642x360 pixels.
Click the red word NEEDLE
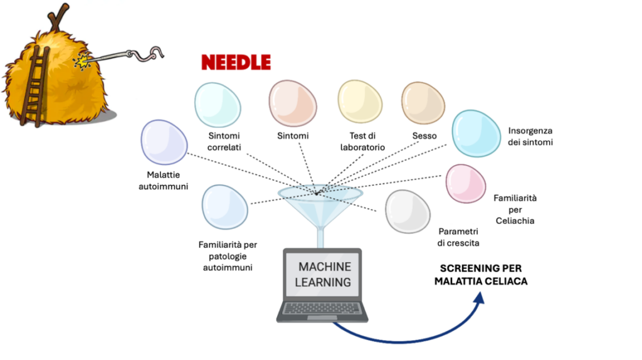pos(236,63)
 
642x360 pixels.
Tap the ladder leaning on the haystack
pos(34,86)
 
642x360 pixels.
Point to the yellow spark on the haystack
pos(82,61)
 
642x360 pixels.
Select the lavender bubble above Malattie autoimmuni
pos(164,142)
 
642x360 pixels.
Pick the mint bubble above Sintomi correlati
pos(218,105)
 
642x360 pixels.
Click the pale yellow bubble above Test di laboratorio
pos(360,102)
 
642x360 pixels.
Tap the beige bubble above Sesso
pos(423,103)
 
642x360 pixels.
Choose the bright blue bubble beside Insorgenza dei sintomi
pos(476,133)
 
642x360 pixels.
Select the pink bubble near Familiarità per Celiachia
pos(466,184)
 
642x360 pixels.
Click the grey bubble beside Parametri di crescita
pos(408,211)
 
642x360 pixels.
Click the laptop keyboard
pos(322,307)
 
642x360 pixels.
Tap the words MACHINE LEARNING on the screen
pos(324,275)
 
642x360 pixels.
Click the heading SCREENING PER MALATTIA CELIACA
pos(481,275)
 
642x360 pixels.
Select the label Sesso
pos(424,135)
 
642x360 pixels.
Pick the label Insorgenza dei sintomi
pos(530,136)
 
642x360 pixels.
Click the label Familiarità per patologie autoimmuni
pos(228,256)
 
